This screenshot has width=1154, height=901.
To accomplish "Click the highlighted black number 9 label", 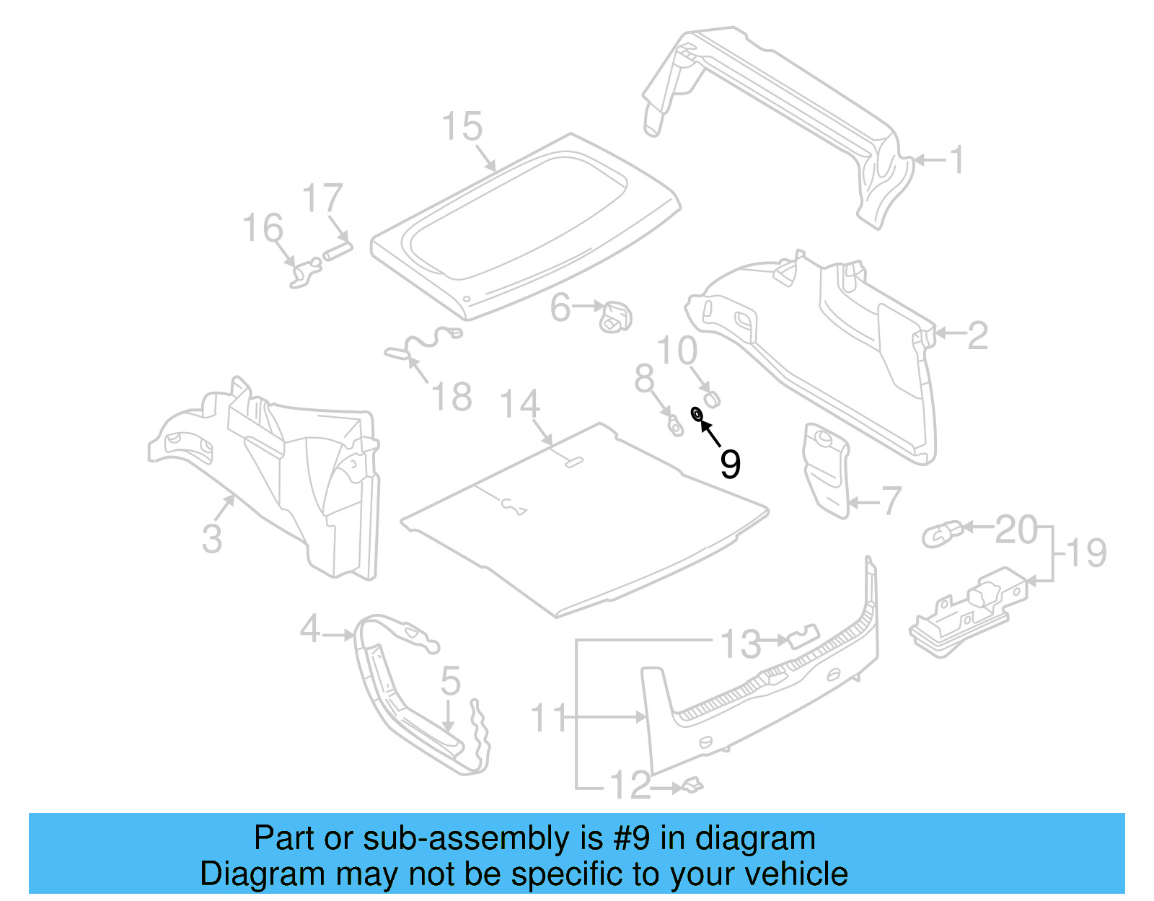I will click(730, 463).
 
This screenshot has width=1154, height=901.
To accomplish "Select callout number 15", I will click(462, 127).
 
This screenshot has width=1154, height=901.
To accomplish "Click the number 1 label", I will click(956, 160).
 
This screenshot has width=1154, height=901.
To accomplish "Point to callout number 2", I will click(977, 335).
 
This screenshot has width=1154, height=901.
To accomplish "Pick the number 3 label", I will click(211, 538).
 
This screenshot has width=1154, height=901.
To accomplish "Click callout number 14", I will click(519, 404).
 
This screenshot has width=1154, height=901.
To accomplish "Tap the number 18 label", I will click(452, 397).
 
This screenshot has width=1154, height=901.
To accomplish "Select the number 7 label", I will click(891, 501).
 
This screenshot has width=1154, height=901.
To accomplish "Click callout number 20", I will click(1016, 530).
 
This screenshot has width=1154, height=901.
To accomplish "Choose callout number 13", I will click(741, 643).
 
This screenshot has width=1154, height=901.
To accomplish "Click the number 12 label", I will click(630, 786).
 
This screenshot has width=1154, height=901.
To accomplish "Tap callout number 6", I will click(560, 308).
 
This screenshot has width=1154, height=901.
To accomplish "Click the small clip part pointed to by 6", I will click(615, 317).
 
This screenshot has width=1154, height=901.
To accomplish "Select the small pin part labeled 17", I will click(337, 252).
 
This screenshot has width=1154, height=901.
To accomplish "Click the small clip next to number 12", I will click(692, 785).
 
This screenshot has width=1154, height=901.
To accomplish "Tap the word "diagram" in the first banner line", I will click(755, 838).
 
